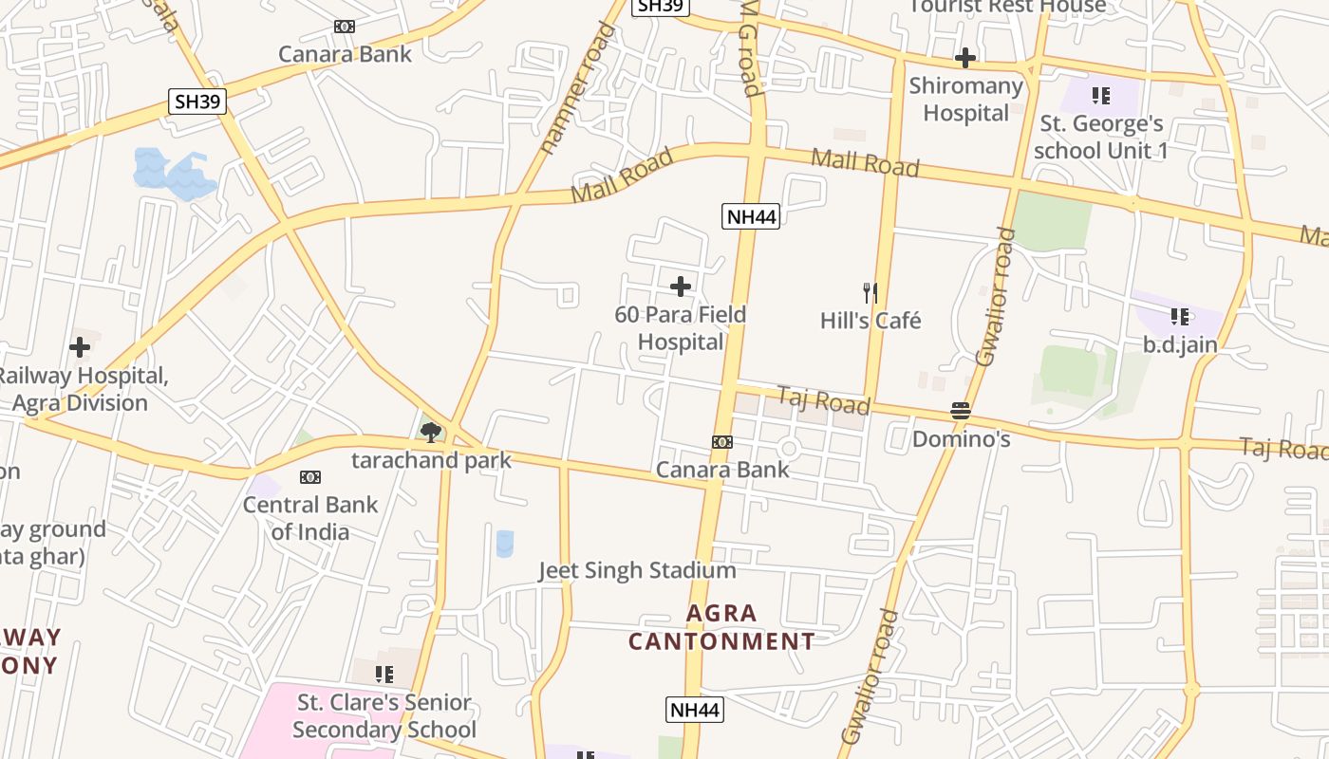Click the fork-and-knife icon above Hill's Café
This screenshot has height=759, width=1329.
click(870, 292)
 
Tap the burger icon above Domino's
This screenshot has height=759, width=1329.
click(961, 412)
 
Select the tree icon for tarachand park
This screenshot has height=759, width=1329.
click(431, 433)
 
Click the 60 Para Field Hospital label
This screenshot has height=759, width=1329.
click(681, 328)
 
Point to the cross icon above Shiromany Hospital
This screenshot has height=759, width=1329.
click(965, 58)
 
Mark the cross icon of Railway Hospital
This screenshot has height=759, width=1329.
click(80, 347)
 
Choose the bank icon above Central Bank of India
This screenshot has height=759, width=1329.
click(310, 476)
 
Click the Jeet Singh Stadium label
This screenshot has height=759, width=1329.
click(637, 570)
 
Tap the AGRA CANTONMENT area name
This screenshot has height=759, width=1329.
click(721, 627)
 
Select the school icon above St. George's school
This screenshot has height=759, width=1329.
click(1100, 95)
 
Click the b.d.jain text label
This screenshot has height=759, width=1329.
click(1180, 344)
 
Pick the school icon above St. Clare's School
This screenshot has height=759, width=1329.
click(384, 675)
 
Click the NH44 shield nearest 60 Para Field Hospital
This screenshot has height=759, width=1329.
click(751, 216)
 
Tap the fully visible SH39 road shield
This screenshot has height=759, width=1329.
click(197, 102)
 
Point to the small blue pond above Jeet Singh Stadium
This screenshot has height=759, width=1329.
click(505, 543)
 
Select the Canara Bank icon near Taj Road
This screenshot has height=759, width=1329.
click(722, 442)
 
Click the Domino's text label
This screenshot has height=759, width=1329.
click(961, 439)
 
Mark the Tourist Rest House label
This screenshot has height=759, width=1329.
click(1007, 7)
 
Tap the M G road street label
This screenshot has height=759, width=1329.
click(750, 47)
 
